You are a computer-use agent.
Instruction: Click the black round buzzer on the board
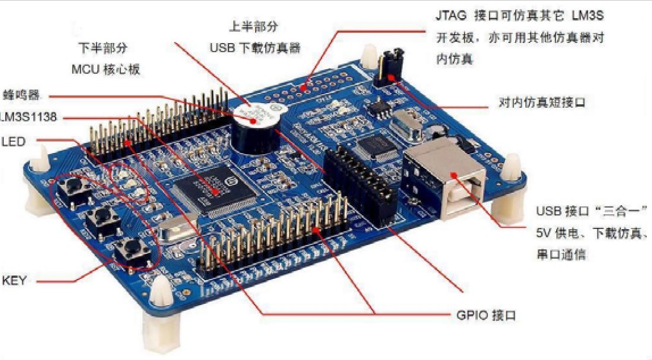(255, 132)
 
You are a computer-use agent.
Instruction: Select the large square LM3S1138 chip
(218, 189)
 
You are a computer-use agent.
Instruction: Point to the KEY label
(14, 280)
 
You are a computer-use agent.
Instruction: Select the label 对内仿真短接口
(542, 103)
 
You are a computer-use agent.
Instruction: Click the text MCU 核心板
(106, 69)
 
